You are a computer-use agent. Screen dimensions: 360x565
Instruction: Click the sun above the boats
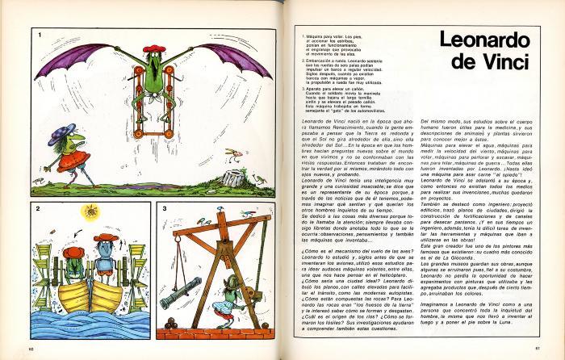pos(90,213)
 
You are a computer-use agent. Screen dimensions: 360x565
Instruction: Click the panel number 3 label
pos(165,208)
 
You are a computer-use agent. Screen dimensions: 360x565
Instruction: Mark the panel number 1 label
pos(37,36)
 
